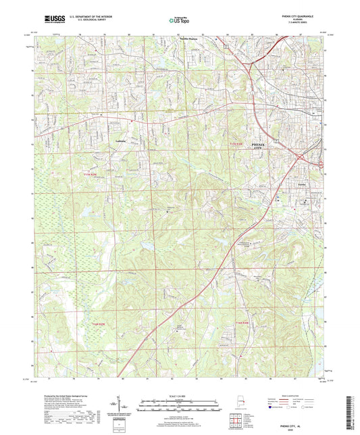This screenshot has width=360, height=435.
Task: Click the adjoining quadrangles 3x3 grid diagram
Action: (x=238, y=422)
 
